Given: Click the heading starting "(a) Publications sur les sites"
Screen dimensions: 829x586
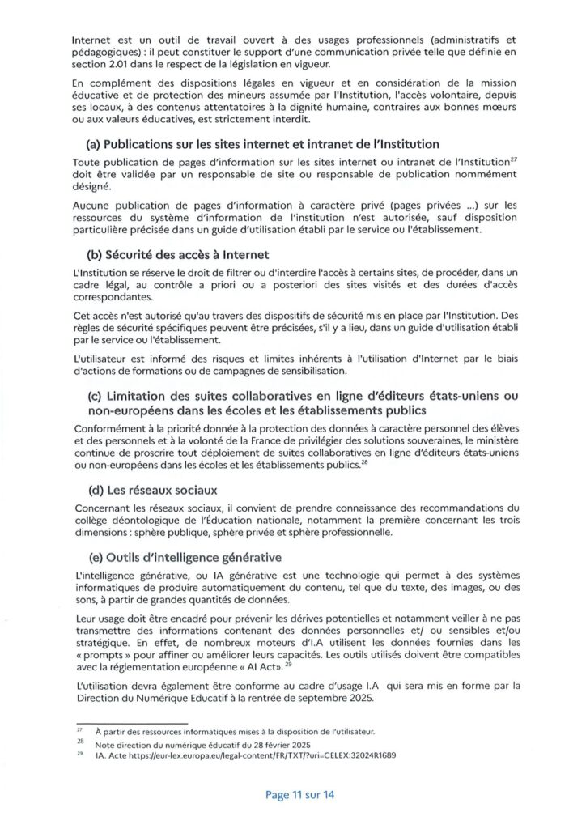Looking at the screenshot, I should tap(262, 144).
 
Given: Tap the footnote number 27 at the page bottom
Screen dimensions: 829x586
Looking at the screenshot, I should tap(79, 730).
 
